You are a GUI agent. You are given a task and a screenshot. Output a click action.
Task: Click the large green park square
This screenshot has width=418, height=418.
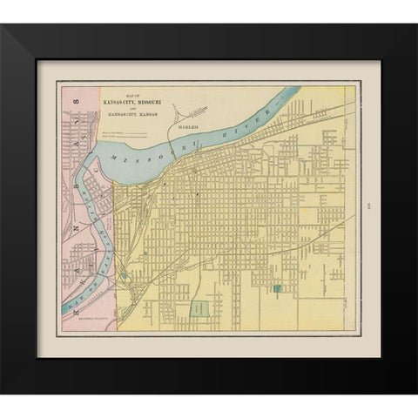201,308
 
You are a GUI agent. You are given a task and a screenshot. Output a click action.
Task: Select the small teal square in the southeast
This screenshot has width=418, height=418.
277,287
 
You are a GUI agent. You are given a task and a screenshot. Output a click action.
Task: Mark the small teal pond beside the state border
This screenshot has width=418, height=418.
124,276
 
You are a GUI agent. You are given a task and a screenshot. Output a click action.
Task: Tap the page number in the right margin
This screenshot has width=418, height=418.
368,206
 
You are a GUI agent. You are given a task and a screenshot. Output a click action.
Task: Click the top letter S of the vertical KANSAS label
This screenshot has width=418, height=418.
76,100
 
